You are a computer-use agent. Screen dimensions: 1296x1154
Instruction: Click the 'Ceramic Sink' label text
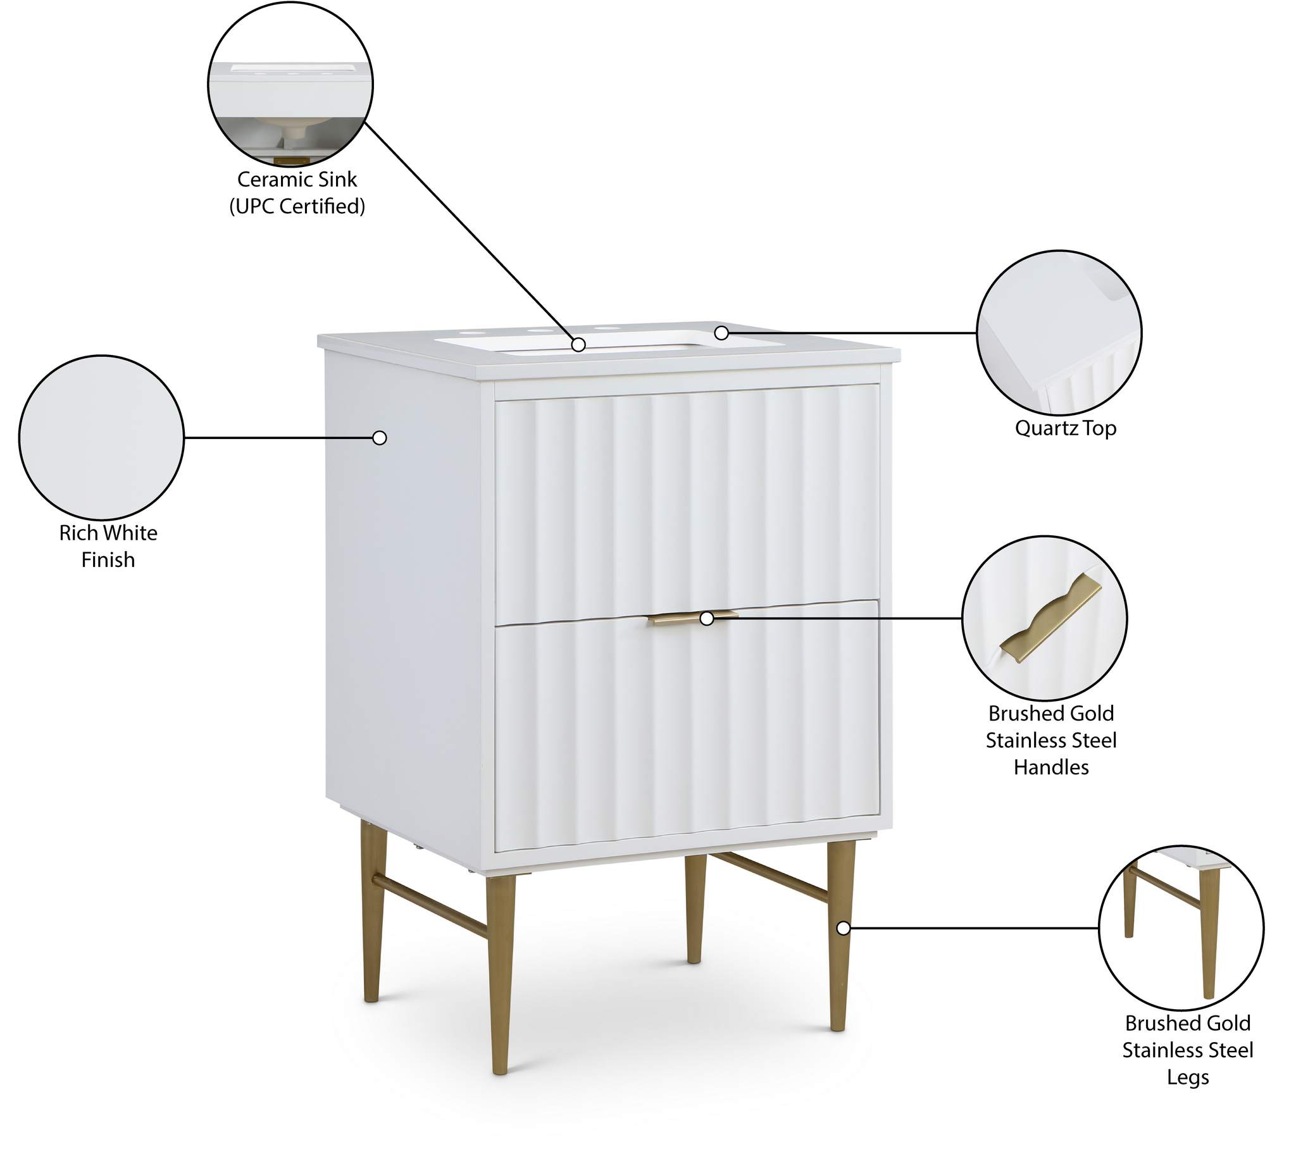click(x=297, y=180)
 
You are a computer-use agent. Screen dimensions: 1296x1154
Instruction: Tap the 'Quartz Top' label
click(x=1065, y=428)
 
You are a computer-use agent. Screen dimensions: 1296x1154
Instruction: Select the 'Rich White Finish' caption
click(x=108, y=546)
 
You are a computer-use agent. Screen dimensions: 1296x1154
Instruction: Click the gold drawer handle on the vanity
click(x=693, y=617)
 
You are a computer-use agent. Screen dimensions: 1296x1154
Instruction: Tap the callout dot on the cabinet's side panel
click(x=380, y=438)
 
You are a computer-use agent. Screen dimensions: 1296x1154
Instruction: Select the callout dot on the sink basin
click(x=578, y=344)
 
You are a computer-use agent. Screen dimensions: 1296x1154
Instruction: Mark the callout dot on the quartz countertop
click(x=721, y=332)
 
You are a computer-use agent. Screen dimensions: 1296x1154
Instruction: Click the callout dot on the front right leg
click(x=844, y=928)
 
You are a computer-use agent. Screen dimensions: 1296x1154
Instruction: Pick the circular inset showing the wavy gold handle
click(x=1044, y=618)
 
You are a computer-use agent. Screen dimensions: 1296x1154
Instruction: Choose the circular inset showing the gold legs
click(x=1181, y=928)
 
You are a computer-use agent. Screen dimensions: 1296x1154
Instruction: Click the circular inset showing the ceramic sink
click(x=290, y=84)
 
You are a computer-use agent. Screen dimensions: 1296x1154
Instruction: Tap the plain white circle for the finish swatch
click(x=101, y=438)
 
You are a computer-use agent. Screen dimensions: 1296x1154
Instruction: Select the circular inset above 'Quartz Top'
click(x=1059, y=332)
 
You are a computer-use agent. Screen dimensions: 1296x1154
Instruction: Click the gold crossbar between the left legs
click(x=430, y=905)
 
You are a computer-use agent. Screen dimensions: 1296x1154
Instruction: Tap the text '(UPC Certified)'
click(x=297, y=206)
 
